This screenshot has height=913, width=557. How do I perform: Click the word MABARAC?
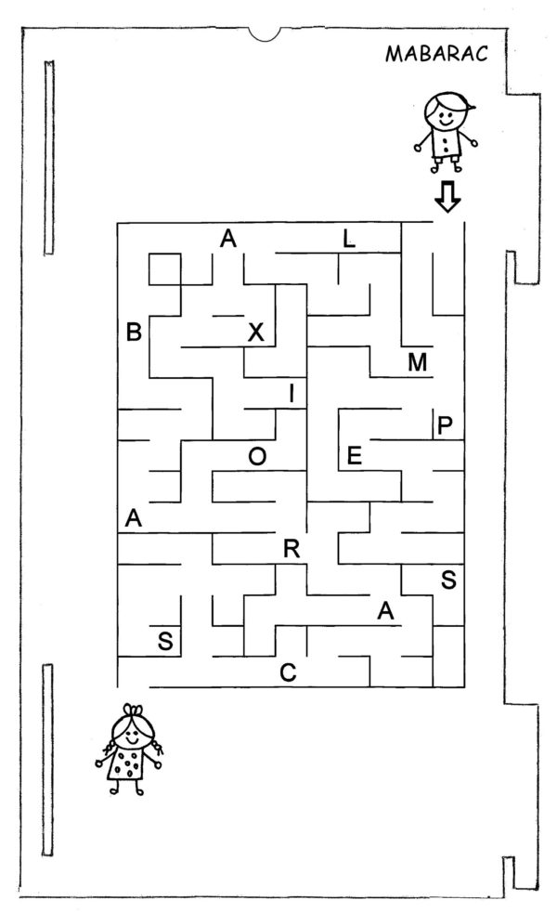[436, 54]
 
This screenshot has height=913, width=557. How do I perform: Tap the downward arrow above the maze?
[447, 197]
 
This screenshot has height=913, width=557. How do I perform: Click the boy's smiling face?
[445, 116]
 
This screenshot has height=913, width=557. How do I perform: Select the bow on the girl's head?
[132, 711]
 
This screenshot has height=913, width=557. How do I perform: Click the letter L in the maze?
[348, 238]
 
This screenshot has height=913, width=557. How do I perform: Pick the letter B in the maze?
[134, 332]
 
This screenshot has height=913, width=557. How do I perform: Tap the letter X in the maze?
[256, 332]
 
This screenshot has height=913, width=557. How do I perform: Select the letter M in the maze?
[418, 362]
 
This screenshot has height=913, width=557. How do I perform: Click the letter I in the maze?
[291, 394]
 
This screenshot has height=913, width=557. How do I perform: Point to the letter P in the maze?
[445, 425]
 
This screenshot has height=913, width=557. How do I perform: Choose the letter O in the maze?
[257, 457]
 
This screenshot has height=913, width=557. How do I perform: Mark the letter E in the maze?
[354, 455]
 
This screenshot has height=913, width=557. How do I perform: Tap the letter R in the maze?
[291, 549]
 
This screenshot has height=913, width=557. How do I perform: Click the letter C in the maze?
[288, 672]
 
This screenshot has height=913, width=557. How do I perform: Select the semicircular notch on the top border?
[265, 36]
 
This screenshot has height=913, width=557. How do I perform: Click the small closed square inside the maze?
[164, 269]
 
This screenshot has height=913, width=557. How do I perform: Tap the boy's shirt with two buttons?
[447, 144]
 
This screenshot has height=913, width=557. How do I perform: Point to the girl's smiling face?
[133, 734]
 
